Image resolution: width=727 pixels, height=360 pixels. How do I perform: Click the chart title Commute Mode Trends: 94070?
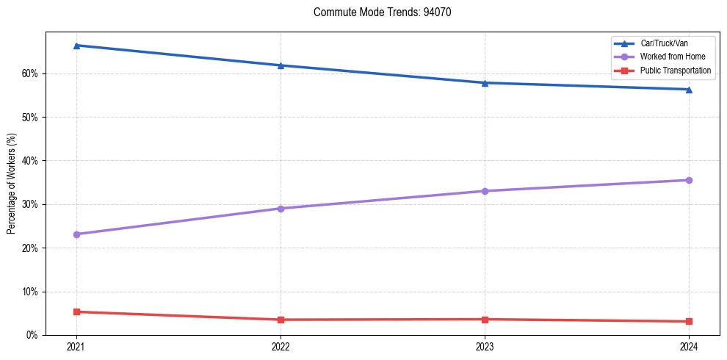(x=377, y=12)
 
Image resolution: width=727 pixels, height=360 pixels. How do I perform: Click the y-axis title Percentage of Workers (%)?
(x=12, y=184)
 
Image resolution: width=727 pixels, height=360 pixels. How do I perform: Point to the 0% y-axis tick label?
(x=32, y=335)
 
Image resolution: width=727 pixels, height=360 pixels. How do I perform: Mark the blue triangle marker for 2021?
(x=76, y=46)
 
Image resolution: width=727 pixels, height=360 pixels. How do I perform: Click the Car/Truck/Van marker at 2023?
(x=485, y=83)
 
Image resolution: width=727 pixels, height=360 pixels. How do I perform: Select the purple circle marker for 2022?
(x=281, y=209)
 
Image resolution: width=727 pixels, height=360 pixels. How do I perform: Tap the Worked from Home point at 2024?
(x=689, y=180)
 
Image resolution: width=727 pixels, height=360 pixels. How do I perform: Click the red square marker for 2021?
(x=76, y=312)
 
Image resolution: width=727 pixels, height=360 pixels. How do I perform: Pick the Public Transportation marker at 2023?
(x=485, y=319)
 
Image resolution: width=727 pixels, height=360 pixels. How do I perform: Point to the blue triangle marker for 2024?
(x=689, y=90)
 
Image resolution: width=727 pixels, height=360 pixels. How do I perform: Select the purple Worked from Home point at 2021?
(x=76, y=234)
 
